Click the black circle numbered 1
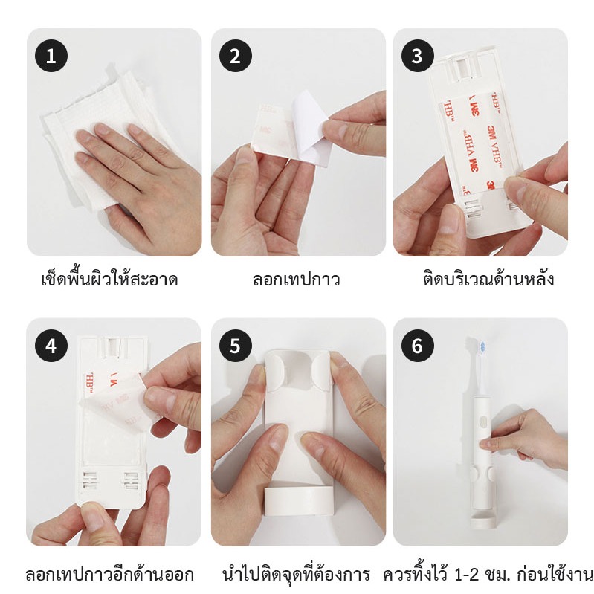point(51,56)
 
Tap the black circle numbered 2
point(235,56)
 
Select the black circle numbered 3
point(417,56)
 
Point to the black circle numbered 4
point(51,346)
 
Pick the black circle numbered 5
point(235,346)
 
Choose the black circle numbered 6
point(417,346)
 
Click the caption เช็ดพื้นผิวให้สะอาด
point(109,280)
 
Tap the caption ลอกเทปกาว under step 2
point(296,280)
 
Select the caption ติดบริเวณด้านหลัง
point(488,279)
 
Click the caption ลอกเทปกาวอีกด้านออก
point(109,575)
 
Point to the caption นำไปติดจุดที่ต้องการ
point(296,573)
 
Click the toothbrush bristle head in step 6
point(482,346)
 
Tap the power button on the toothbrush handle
point(483,422)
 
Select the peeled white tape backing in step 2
point(311,128)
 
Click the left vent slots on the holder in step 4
point(90,480)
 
